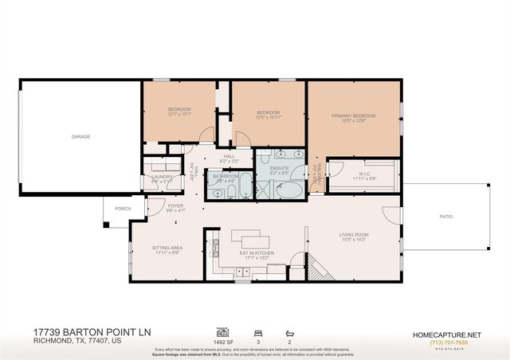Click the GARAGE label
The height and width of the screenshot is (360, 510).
point(80,136)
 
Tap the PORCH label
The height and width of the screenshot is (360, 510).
point(123,209)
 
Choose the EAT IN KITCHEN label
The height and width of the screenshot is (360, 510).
point(257,252)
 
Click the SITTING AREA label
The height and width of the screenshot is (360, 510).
point(167,248)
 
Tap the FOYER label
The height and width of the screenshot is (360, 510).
point(176,205)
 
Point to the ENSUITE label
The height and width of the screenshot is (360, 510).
point(278,168)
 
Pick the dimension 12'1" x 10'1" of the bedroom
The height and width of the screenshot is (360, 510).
point(179,113)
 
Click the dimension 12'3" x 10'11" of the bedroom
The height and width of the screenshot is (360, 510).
point(268,117)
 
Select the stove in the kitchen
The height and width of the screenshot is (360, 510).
point(214,253)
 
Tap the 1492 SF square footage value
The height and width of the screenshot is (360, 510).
point(222,341)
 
